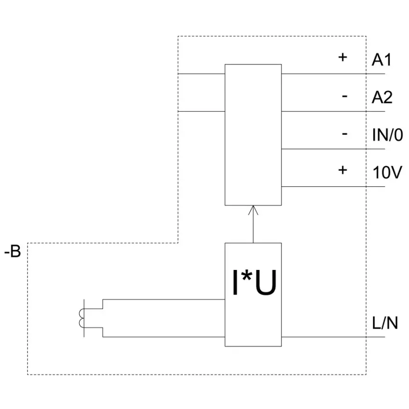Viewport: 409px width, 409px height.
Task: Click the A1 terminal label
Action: pos(382,60)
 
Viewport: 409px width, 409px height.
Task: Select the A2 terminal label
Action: pos(382,97)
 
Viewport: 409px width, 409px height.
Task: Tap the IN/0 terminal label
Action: pos(387,135)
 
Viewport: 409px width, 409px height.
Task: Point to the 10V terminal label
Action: pos(387,172)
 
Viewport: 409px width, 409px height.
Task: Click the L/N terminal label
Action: pos(385,323)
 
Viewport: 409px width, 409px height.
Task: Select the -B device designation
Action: pos(13,252)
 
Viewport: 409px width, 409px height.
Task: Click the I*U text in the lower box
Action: pos(254,282)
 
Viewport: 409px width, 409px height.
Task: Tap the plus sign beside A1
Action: pos(343,57)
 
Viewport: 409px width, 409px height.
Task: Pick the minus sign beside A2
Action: pos(345,96)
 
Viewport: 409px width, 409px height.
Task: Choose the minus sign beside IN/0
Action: pos(345,134)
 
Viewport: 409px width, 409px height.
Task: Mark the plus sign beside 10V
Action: pos(343,170)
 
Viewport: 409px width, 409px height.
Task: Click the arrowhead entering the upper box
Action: pos(253,210)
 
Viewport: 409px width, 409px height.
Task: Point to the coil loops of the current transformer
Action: pos(82,318)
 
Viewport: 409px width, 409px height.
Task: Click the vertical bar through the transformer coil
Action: pos(84,318)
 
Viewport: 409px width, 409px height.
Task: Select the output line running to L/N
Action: pos(333,337)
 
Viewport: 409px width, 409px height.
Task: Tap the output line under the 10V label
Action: pos(333,187)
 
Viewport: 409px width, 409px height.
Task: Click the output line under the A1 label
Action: pos(333,74)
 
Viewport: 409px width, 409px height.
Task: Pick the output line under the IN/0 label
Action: pos(333,149)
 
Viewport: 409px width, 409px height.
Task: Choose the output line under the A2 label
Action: pos(333,111)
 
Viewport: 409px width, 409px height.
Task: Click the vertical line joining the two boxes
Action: pos(253,224)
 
